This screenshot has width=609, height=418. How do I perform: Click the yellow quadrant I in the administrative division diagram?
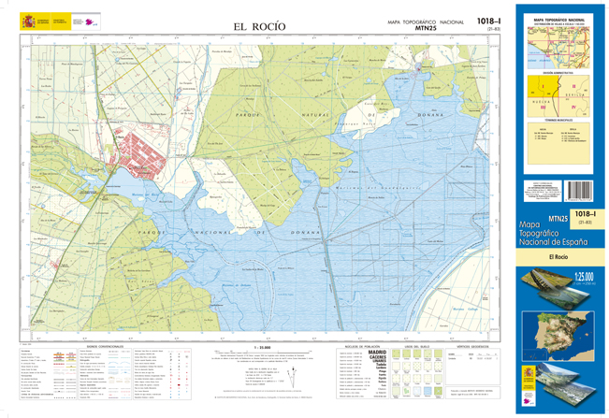[x=542, y=91]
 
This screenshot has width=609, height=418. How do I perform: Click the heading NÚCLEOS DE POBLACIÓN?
[x=358, y=345]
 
